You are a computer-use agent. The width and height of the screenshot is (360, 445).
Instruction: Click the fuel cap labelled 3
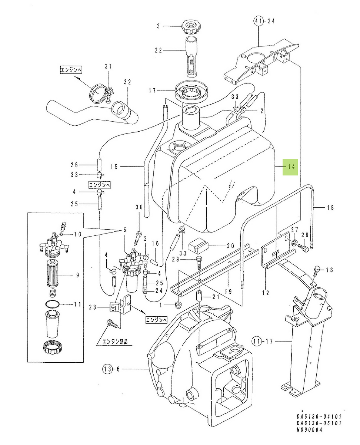190,27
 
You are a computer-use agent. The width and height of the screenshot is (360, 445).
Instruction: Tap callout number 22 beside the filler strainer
159,50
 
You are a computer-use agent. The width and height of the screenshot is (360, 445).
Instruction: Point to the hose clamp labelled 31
101,93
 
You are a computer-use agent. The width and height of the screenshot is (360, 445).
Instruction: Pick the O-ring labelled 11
52,304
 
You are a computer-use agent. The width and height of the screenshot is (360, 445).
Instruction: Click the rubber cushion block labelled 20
199,246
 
